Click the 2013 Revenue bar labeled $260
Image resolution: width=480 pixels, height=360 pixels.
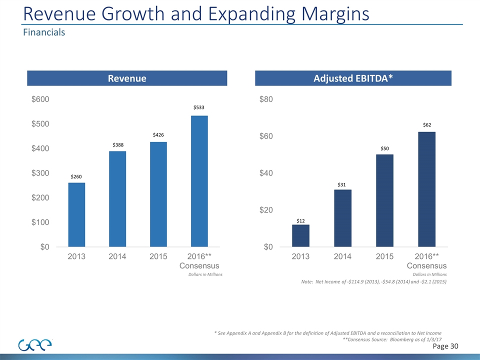(76, 214)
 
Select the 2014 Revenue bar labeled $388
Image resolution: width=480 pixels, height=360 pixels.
(117, 199)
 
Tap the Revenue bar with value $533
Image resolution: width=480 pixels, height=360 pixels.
(199, 181)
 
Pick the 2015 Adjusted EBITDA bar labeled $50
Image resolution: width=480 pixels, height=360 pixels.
(384, 200)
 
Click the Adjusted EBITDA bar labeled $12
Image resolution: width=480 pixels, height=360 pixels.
(300, 235)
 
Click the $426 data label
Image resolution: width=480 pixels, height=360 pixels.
(158, 135)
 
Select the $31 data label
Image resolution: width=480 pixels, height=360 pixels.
(342, 184)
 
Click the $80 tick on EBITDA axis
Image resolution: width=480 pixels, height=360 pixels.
(266, 99)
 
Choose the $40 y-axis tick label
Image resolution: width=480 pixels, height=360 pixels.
(266, 173)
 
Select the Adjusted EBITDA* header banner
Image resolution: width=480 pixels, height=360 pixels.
(353, 78)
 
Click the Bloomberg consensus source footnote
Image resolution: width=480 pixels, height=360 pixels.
(392, 339)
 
